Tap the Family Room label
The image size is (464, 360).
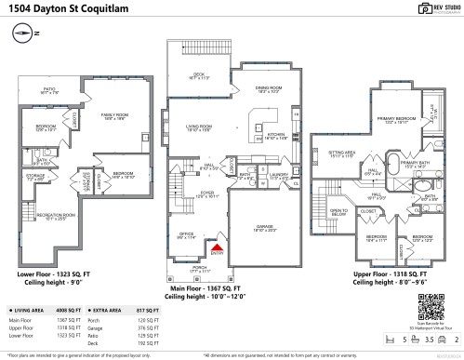113,115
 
